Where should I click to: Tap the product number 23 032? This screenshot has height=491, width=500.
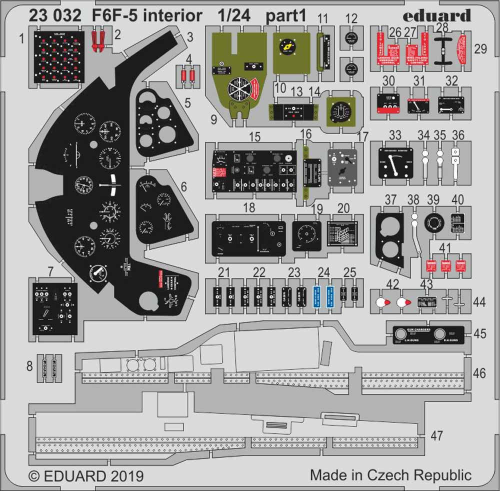[x=55, y=16]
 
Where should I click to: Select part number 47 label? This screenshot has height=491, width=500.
[x=437, y=435]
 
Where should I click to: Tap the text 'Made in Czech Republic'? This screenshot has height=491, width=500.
[x=390, y=474]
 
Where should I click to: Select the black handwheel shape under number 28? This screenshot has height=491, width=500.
[x=442, y=50]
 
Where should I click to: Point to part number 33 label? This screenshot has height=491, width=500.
[x=395, y=135]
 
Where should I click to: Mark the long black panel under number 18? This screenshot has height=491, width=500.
[x=248, y=238]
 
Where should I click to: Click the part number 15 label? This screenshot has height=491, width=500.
[x=254, y=136]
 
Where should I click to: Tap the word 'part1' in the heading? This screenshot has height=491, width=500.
[x=285, y=16]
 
